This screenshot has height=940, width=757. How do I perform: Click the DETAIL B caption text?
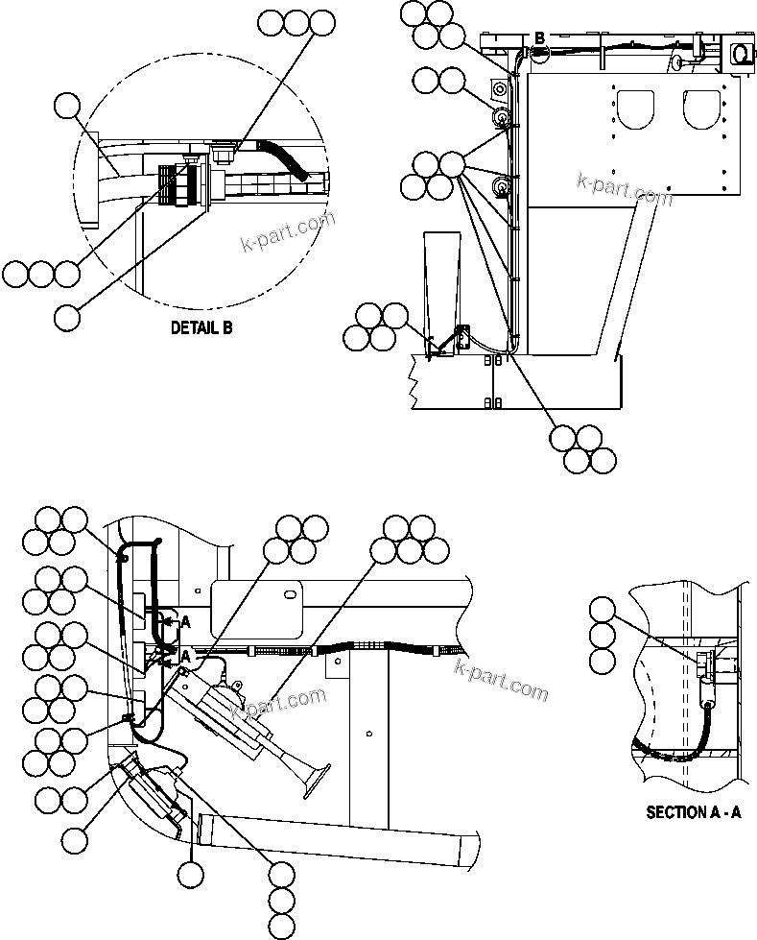(x=201, y=328)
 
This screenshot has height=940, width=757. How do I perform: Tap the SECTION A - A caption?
(x=694, y=812)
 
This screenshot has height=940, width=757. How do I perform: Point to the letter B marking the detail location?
(x=539, y=37)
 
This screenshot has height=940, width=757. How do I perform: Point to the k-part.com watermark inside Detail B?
(x=288, y=229)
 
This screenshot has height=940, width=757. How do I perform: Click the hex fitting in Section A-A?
(x=705, y=662)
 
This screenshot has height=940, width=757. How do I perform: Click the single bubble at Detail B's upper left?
(x=66, y=106)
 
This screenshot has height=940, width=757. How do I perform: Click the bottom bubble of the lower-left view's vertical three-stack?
(x=281, y=926)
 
